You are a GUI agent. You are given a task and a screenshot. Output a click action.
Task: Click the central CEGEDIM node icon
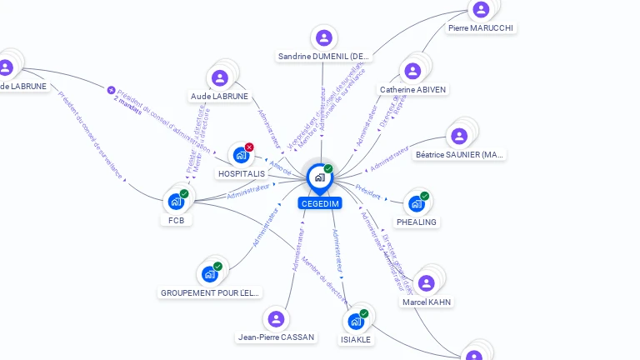tap(319, 177)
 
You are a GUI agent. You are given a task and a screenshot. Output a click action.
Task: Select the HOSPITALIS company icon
tap(241, 155)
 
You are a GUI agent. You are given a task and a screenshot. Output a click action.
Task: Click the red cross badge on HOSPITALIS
tap(249, 147)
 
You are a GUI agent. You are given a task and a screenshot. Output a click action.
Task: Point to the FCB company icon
tap(176, 202)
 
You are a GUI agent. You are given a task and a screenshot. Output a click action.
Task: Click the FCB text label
tap(176, 221)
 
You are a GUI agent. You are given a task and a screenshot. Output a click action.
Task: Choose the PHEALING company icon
tap(416, 203)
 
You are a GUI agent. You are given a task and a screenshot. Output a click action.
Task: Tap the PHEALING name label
tap(417, 222)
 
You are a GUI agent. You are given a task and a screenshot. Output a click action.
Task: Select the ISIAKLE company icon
tap(356, 322)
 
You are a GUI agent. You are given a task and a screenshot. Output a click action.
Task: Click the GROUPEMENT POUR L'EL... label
tap(210, 293)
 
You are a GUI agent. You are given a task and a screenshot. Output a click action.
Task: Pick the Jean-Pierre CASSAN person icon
tap(276, 319)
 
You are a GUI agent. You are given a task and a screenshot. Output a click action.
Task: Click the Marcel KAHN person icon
tap(427, 283)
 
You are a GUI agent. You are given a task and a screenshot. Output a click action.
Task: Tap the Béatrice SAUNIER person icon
tap(459, 136)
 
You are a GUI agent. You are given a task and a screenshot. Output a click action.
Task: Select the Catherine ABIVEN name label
tap(412, 90)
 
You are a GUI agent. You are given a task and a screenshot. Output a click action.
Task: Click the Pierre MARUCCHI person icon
tap(481, 10)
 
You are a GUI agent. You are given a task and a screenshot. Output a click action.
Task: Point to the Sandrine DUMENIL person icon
tap(323, 37)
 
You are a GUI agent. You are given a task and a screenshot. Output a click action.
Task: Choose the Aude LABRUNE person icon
tap(220, 78)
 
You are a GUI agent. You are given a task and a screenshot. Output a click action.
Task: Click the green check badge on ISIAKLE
tap(364, 314)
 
